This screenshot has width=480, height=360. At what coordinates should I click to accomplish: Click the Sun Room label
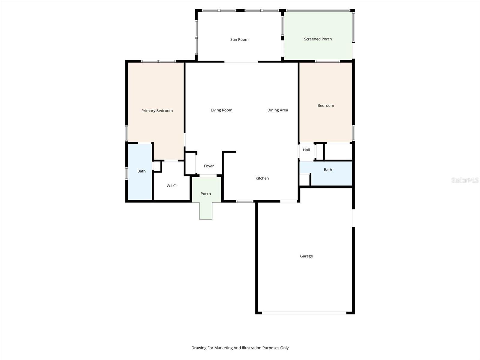click(x=239, y=40)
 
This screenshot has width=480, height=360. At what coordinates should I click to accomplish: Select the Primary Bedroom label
click(x=157, y=111)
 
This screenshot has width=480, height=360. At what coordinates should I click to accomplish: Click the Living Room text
click(x=221, y=110)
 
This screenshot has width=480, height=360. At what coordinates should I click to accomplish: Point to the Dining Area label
click(x=277, y=110)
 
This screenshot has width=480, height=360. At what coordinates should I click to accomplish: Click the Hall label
click(x=306, y=150)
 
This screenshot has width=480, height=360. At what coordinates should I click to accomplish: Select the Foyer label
click(x=209, y=166)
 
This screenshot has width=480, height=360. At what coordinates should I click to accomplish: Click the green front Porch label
click(x=206, y=194)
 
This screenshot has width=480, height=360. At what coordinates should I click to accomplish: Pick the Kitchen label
click(x=262, y=178)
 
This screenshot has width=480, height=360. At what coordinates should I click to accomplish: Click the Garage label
click(x=306, y=256)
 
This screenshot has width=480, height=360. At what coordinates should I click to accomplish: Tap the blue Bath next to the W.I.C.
click(x=141, y=171)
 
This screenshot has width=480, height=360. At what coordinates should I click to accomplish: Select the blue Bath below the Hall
click(x=328, y=170)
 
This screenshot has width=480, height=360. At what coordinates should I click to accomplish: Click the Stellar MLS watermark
click(x=465, y=180)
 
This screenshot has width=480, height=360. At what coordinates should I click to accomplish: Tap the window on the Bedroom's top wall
click(x=327, y=61)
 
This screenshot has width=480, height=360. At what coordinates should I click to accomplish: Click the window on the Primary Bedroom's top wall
click(x=158, y=61)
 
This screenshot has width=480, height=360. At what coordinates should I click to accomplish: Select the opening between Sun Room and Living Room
click(x=241, y=62)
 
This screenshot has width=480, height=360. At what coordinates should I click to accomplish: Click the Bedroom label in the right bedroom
click(x=325, y=106)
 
